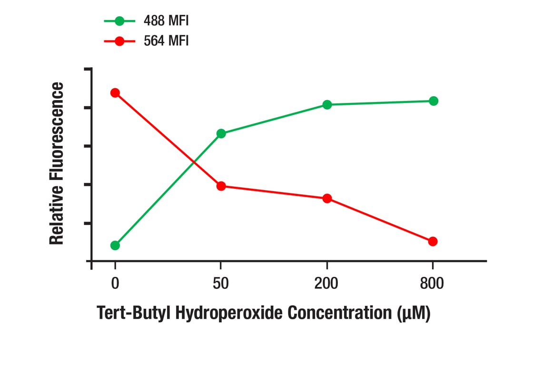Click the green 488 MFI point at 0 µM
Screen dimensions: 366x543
click(x=115, y=245)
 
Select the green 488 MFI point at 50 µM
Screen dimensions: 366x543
click(x=221, y=133)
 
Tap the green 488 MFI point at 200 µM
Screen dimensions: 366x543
click(x=327, y=105)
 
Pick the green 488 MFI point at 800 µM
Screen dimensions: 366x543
click(x=433, y=101)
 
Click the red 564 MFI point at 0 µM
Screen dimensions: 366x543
click(x=115, y=92)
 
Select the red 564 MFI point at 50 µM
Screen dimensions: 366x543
click(x=221, y=186)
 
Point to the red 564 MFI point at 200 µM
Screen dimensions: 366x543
click(x=327, y=198)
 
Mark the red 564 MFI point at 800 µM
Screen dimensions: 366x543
click(x=433, y=242)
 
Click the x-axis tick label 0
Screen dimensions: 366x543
click(x=115, y=284)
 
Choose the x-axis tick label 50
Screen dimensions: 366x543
click(x=220, y=284)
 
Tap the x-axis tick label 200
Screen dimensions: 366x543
click(x=326, y=284)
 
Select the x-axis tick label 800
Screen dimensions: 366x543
click(x=432, y=284)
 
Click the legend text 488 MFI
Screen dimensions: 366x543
click(x=166, y=21)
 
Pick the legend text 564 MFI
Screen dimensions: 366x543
click(x=166, y=41)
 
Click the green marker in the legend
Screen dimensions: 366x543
click(x=119, y=21)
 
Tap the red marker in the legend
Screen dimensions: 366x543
click(x=119, y=41)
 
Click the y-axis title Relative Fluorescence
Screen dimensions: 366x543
click(x=57, y=163)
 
